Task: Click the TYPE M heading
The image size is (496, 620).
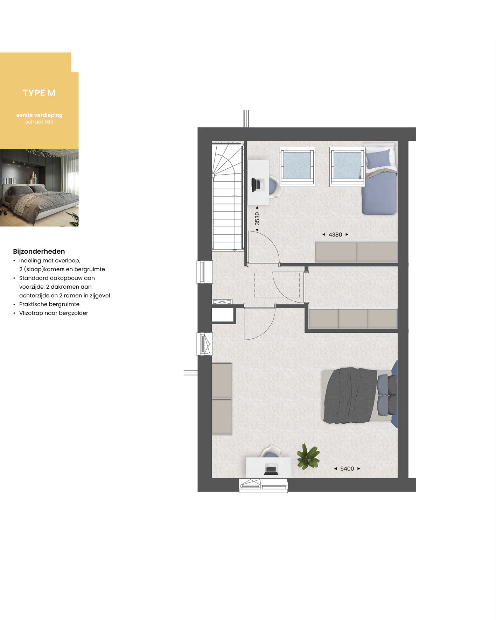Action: [39, 93]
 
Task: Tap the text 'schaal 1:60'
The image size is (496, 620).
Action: [39, 122]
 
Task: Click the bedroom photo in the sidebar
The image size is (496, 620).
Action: [39, 188]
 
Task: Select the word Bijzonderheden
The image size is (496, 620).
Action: [39, 252]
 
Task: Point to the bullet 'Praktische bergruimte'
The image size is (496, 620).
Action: [49, 304]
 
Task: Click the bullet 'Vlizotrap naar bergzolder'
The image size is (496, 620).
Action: [53, 313]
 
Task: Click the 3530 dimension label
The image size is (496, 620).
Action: [257, 219]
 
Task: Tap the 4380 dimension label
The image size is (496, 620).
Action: [335, 235]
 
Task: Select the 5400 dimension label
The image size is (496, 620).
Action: [347, 469]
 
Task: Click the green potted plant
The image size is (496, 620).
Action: [308, 456]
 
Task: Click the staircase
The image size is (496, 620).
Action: [228, 196]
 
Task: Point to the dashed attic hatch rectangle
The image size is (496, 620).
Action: [277, 285]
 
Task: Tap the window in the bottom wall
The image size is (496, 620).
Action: [263, 485]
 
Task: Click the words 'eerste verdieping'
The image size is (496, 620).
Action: [39, 115]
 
